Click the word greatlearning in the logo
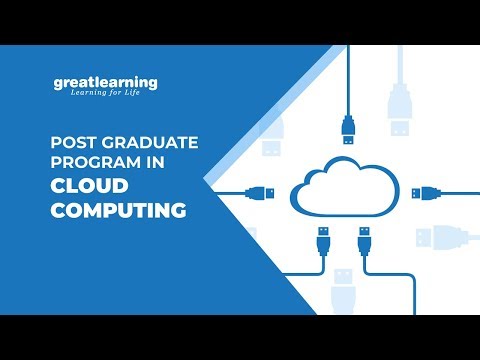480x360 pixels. pyautogui.click(x=107, y=83)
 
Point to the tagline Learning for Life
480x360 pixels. pyautogui.click(x=113, y=96)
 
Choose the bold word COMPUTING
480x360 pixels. pyautogui.click(x=119, y=211)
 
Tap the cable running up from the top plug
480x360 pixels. pyautogui.click(x=348, y=80)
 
